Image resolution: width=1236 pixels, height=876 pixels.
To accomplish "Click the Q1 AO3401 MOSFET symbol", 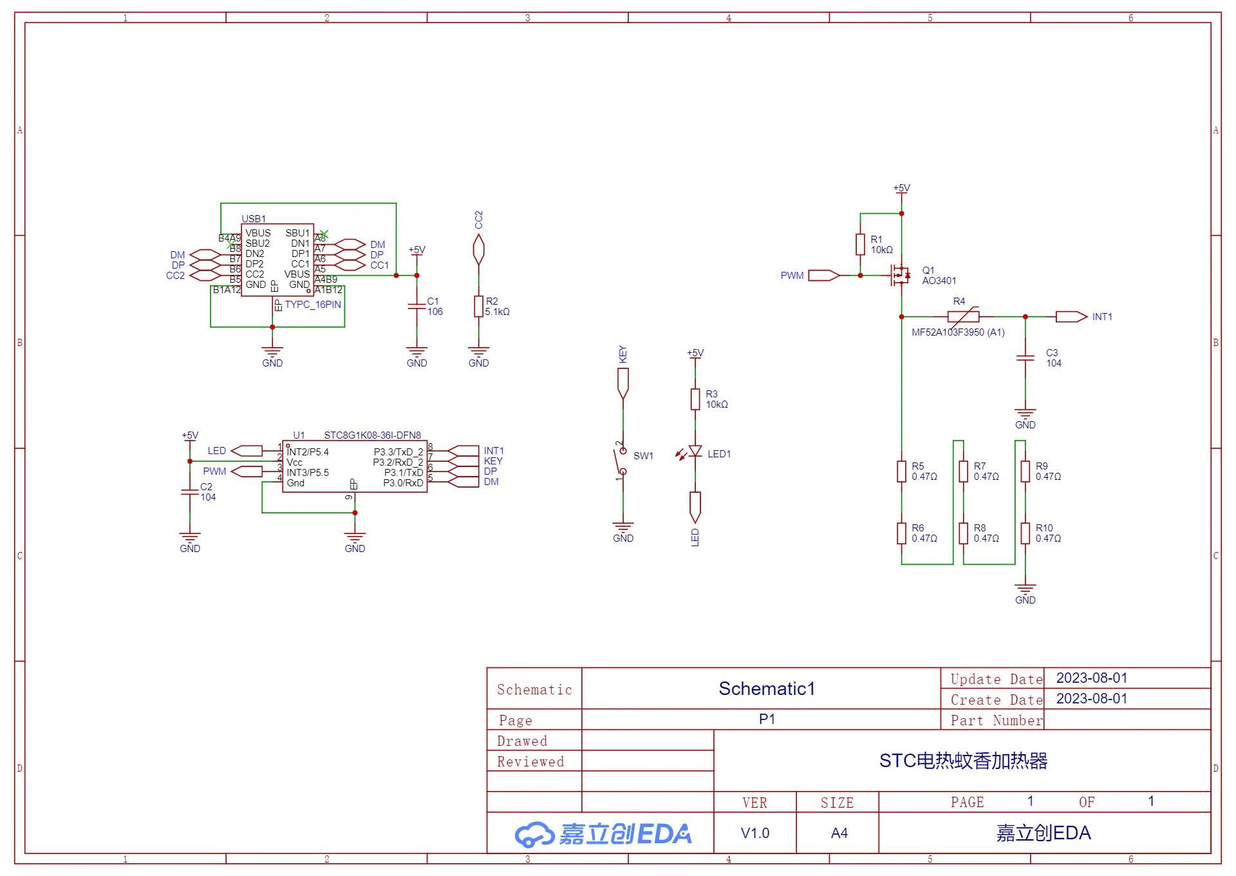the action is pyautogui.click(x=901, y=275).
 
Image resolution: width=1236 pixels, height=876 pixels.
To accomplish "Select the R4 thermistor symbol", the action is pyautogui.click(x=963, y=316).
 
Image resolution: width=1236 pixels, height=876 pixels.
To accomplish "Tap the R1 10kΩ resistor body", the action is pyautogui.click(x=860, y=244).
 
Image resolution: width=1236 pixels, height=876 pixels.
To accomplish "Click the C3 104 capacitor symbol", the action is pyautogui.click(x=1025, y=357).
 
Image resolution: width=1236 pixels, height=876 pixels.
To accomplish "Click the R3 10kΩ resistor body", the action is pyautogui.click(x=695, y=399).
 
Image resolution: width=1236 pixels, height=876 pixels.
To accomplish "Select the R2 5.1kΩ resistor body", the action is pyautogui.click(x=478, y=306).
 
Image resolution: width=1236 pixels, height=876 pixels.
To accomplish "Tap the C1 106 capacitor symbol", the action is pyautogui.click(x=417, y=306).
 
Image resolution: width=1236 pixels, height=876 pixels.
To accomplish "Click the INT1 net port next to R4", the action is pyautogui.click(x=1071, y=316).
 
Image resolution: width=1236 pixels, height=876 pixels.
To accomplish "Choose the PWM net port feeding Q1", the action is pyautogui.click(x=824, y=275).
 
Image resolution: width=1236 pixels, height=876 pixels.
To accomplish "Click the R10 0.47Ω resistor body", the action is pyautogui.click(x=1025, y=533).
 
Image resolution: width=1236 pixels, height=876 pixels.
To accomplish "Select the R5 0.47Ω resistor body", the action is pyautogui.click(x=901, y=471).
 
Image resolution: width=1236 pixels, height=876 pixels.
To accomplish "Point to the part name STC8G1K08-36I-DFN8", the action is pyautogui.click(x=372, y=435).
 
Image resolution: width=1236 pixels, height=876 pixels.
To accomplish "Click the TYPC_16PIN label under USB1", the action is pyautogui.click(x=313, y=304).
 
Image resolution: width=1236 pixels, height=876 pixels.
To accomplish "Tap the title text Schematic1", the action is pyautogui.click(x=767, y=689).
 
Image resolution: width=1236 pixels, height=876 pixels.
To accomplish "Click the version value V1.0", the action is pyautogui.click(x=754, y=833).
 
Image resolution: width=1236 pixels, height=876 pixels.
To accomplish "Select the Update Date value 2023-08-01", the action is pyautogui.click(x=1092, y=678).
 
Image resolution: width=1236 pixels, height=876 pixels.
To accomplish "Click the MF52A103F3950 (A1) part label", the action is pyautogui.click(x=958, y=332).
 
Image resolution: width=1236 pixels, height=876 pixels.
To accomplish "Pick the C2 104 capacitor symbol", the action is pyautogui.click(x=190, y=491).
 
